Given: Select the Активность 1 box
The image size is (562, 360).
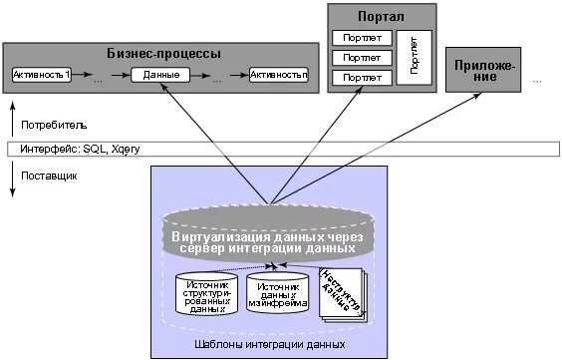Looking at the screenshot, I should pyautogui.click(x=42, y=76).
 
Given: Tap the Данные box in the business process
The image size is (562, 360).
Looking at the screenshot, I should pyautogui.click(x=160, y=76).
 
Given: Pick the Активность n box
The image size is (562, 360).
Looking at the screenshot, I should pyautogui.click(x=279, y=76).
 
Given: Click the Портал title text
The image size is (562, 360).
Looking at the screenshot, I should pyautogui.click(x=384, y=17).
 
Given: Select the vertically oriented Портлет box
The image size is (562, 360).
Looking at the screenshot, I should pyautogui.click(x=414, y=56).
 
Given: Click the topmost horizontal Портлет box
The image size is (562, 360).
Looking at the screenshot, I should pyautogui.click(x=361, y=39).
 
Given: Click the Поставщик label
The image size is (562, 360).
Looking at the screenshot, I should pyautogui.click(x=49, y=176).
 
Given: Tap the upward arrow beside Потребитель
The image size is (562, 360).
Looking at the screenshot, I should pyautogui.click(x=12, y=118).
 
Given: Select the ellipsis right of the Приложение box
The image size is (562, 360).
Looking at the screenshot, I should pyautogui.click(x=538, y=78).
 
